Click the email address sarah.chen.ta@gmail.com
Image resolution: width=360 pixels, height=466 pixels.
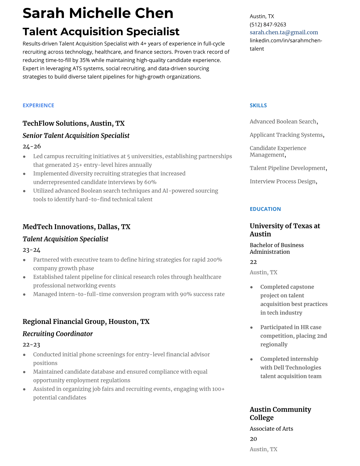[284, 32]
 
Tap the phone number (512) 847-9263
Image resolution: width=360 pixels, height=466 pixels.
[268, 24]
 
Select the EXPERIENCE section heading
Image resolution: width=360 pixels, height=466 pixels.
[38, 105]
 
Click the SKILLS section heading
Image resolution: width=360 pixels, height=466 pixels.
[258, 105]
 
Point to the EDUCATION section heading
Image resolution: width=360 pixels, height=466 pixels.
[265, 209]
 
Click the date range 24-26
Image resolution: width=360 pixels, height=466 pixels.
[32, 146]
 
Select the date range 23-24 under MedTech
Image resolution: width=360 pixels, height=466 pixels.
[31, 250]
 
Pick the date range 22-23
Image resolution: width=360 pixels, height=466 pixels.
[31, 344]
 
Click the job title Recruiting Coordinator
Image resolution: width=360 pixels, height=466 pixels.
[58, 334]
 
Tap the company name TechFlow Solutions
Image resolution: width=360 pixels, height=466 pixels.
[55, 123]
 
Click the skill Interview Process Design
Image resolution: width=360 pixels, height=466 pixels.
[283, 181]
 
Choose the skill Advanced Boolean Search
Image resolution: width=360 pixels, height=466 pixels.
[283, 122]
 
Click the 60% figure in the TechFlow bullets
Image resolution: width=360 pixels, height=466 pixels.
[150, 182]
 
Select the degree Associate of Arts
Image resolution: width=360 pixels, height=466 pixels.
[271, 429]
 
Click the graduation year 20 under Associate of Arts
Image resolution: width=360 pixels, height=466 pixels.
[253, 439]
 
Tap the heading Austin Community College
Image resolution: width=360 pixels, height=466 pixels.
[280, 413]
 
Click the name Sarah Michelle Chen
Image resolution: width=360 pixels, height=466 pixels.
[98, 13]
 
